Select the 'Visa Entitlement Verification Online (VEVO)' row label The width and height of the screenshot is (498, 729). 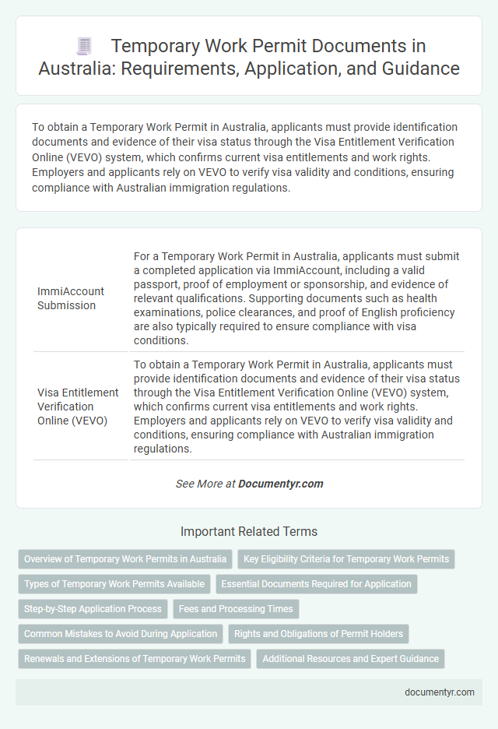point(78,406)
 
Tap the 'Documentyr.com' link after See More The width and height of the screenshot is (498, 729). point(280,484)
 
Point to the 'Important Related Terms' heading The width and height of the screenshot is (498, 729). point(249,531)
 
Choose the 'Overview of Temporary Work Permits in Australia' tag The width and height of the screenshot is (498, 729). point(125,558)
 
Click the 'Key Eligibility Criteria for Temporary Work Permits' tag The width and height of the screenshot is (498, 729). point(346,558)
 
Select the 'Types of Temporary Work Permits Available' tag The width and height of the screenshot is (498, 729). point(114,583)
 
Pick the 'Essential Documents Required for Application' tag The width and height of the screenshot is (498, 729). point(316,583)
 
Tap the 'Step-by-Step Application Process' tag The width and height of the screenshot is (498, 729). point(93,608)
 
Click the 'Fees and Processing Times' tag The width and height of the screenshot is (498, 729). point(236,608)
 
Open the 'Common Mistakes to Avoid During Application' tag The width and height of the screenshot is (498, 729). point(121,633)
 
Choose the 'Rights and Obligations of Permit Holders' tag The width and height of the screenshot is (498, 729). point(319,633)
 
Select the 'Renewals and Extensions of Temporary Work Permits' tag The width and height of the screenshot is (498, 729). point(135,658)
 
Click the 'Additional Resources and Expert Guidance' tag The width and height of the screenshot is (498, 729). point(351,658)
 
